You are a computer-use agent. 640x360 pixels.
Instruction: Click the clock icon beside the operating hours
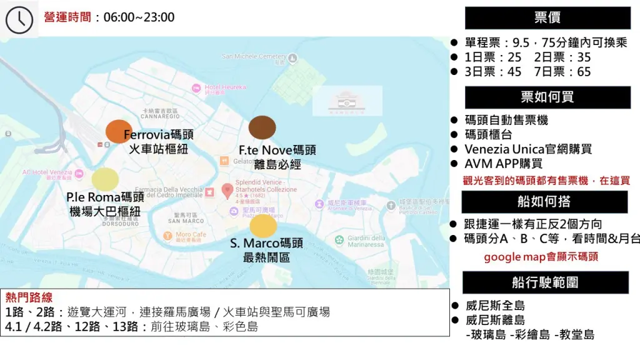tap(19, 19)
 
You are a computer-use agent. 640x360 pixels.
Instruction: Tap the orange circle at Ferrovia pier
tap(119, 131)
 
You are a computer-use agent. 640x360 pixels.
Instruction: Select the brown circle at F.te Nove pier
tap(262, 127)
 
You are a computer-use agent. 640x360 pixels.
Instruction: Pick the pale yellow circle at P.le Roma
tap(105, 179)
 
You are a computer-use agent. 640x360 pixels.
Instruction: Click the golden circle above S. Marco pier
tap(263, 226)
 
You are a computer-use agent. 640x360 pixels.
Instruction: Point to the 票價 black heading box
tap(547, 18)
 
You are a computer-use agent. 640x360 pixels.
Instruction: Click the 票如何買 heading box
tap(547, 97)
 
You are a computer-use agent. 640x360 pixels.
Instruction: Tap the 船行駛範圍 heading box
tap(545, 282)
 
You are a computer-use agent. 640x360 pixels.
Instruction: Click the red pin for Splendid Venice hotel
tap(227, 189)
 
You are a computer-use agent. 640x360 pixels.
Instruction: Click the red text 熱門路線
tap(29, 297)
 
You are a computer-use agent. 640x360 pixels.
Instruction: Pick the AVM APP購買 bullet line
tap(503, 164)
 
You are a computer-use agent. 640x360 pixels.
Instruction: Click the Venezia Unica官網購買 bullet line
tap(528, 149)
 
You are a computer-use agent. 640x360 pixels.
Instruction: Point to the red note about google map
tap(541, 257)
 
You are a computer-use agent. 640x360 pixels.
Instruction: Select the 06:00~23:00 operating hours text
tap(139, 17)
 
